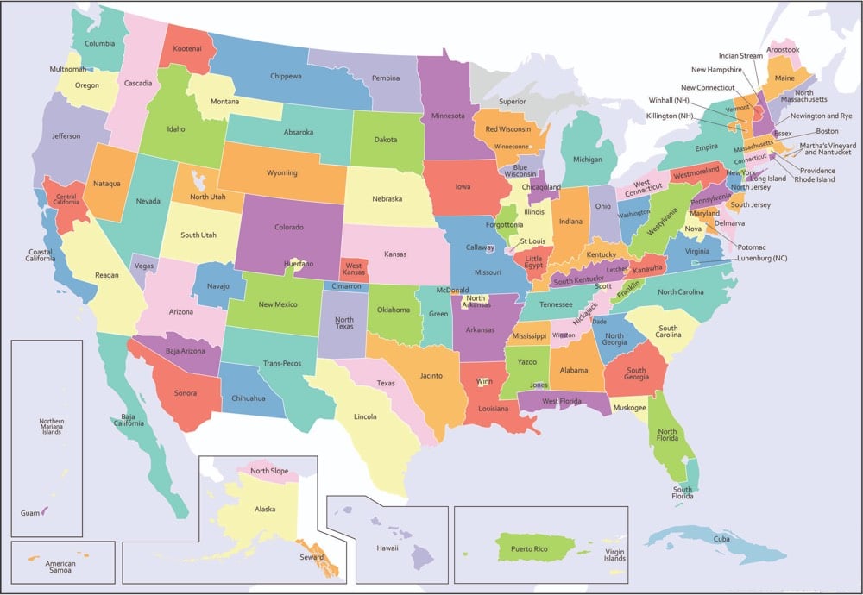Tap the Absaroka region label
299,133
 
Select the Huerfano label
298,264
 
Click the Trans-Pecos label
282,363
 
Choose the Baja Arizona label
180,351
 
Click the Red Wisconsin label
508,129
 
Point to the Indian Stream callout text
740,56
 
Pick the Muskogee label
629,407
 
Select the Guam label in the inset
29,513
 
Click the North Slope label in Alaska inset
270,471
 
